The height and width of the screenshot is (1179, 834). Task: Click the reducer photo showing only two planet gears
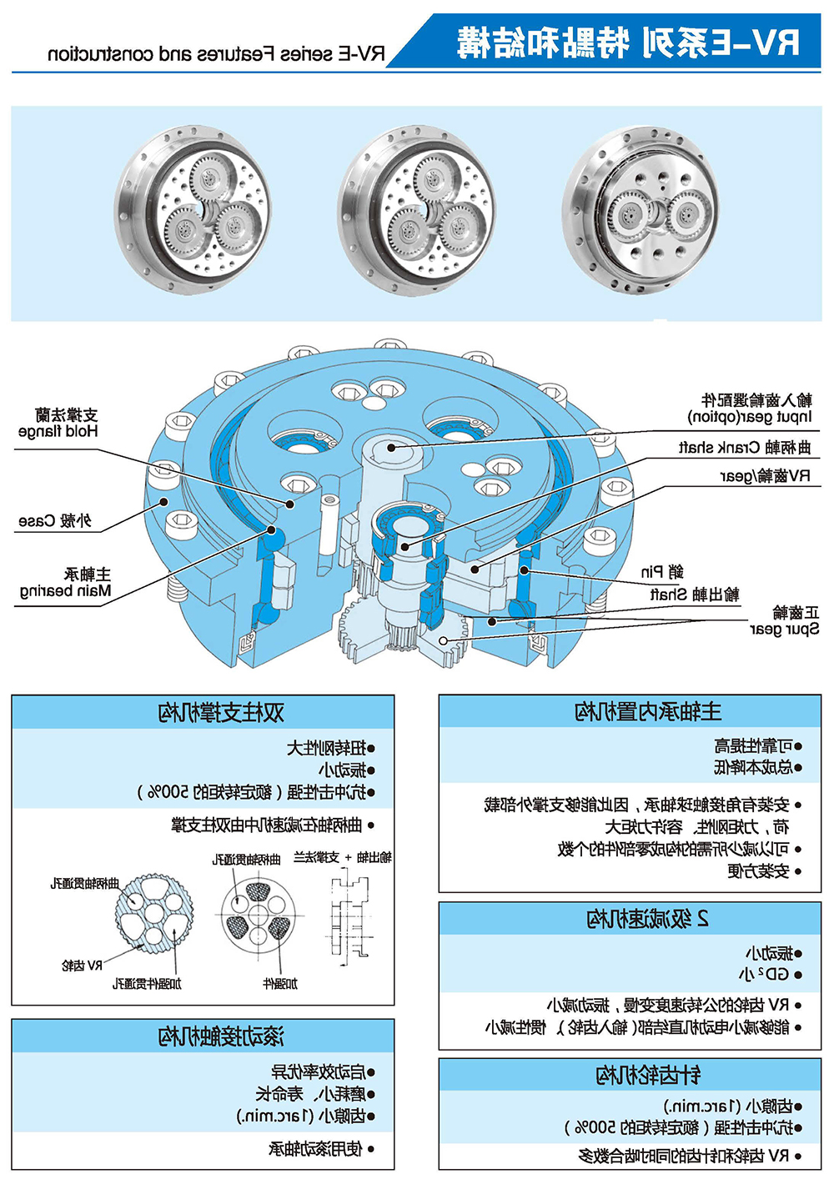coord(640,212)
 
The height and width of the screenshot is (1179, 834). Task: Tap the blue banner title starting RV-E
coord(628,42)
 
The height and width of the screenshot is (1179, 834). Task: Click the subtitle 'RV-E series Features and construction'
coord(217,54)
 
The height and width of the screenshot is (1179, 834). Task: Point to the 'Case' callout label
coord(55,521)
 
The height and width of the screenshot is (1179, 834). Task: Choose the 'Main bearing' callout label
coord(66,583)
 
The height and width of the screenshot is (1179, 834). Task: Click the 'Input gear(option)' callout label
coord(750,409)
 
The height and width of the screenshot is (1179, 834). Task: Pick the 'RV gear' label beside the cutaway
coord(765,476)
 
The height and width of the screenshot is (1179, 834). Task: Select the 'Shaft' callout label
coord(694,594)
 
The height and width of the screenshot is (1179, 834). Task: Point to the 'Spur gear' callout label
coord(785,621)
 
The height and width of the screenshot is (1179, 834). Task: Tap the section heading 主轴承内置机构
coord(648,711)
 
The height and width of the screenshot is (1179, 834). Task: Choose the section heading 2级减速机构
coord(648,919)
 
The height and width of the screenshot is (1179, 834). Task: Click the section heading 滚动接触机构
coord(221,1036)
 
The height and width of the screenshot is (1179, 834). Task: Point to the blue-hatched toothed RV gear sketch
coord(153,914)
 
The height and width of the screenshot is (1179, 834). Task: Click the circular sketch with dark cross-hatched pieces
coord(257,914)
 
